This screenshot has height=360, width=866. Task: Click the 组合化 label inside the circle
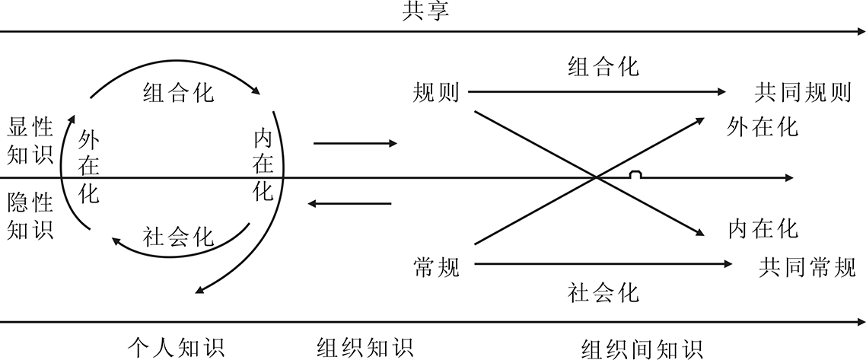pos(178,93)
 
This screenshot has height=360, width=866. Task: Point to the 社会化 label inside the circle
pos(179,237)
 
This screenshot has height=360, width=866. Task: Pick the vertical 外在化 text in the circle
pos(89,167)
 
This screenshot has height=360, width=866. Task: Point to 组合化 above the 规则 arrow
pos(603,67)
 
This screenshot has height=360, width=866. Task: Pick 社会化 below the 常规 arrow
pos(603,292)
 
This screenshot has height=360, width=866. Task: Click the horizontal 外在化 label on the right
pos(763,127)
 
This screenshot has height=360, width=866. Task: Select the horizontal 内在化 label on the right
pos(763,228)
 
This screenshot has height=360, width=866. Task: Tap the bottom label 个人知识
pos(175,348)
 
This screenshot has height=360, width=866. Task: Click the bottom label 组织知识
pos(365,348)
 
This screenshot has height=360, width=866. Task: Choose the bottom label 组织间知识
pos(643,349)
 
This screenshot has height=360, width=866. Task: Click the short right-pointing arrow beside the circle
pos(355,143)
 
